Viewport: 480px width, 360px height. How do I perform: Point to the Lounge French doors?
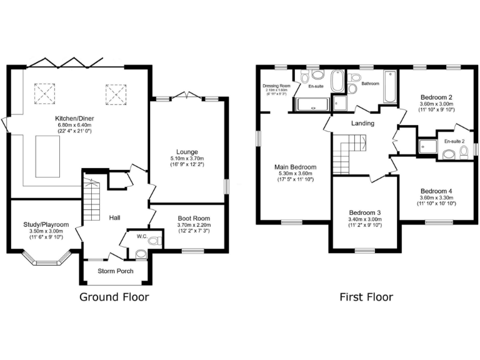[x=187, y=96]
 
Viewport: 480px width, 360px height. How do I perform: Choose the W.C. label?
[x=142, y=237]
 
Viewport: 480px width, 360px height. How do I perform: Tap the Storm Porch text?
[x=114, y=271]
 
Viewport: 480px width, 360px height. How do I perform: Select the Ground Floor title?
[x=114, y=297]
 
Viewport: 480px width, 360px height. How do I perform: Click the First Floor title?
[x=366, y=297]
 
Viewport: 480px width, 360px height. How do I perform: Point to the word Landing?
[x=362, y=123]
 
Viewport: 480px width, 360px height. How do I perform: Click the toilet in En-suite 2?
[x=464, y=152]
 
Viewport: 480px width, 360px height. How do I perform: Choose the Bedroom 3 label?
[x=365, y=212]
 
